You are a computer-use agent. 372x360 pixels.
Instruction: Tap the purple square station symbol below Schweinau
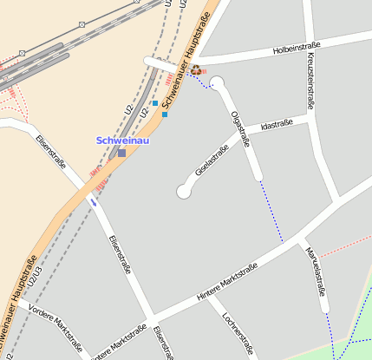121,154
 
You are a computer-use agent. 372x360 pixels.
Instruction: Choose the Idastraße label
276,126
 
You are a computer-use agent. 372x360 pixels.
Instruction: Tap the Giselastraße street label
212,161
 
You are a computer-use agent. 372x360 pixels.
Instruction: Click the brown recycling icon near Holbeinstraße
196,70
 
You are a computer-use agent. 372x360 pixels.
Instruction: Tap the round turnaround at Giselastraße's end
184,191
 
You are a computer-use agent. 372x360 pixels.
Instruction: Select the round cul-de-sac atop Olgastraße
217,84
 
